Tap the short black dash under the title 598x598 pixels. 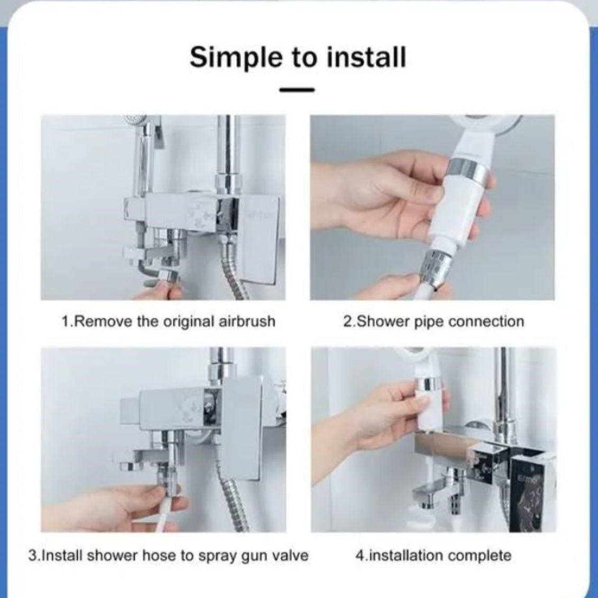tap(297, 90)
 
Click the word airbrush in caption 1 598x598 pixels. tap(247, 321)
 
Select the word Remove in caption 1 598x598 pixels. tap(102, 321)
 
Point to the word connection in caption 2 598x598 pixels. tap(486, 321)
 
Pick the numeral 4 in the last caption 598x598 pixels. tap(360, 556)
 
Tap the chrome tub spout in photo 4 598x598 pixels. tap(434, 494)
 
